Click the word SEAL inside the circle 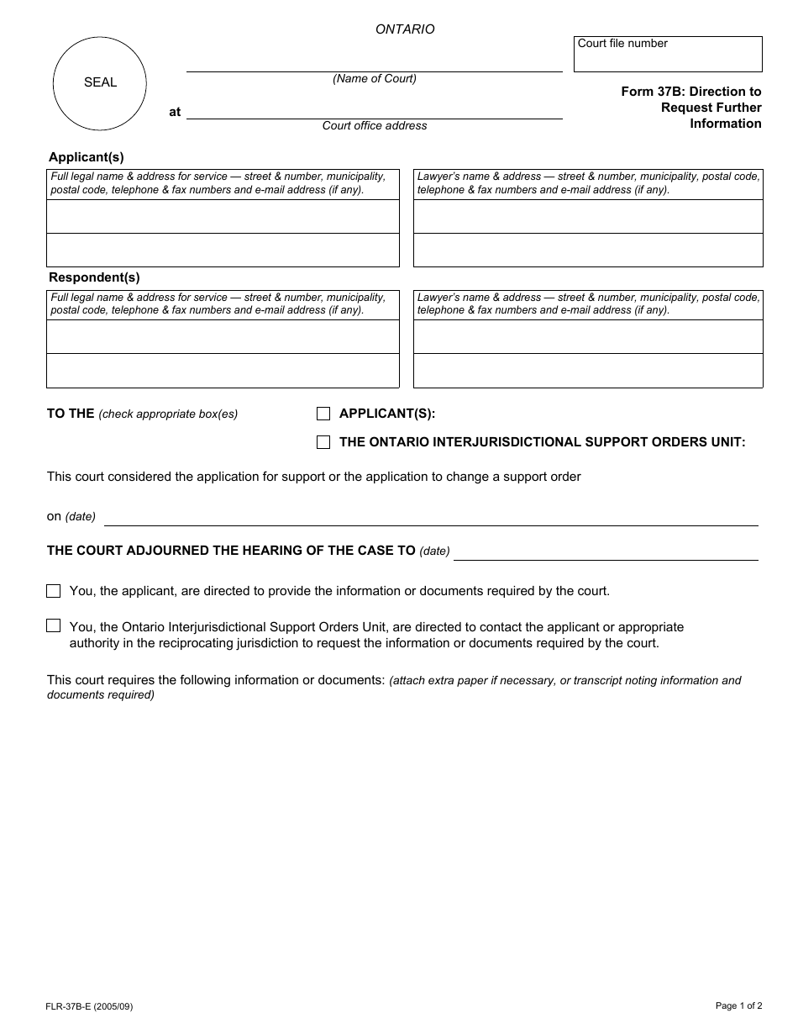tap(100, 82)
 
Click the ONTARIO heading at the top tap(405, 29)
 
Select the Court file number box tap(668, 55)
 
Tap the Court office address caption tap(375, 126)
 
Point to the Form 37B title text tap(691, 107)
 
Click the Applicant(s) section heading tap(86, 156)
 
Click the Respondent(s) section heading tap(94, 277)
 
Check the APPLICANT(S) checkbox tap(323, 414)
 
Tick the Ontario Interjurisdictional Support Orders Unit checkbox tap(323, 442)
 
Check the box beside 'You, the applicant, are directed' tap(54, 591)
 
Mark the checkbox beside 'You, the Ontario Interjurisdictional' tap(54, 626)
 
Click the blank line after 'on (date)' tap(430, 519)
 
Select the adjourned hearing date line tap(605, 552)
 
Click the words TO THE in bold tap(71, 414)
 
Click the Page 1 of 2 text tap(738, 1005)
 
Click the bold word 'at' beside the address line tap(175, 112)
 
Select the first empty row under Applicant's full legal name tap(223, 217)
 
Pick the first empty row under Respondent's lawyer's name tap(588, 337)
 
